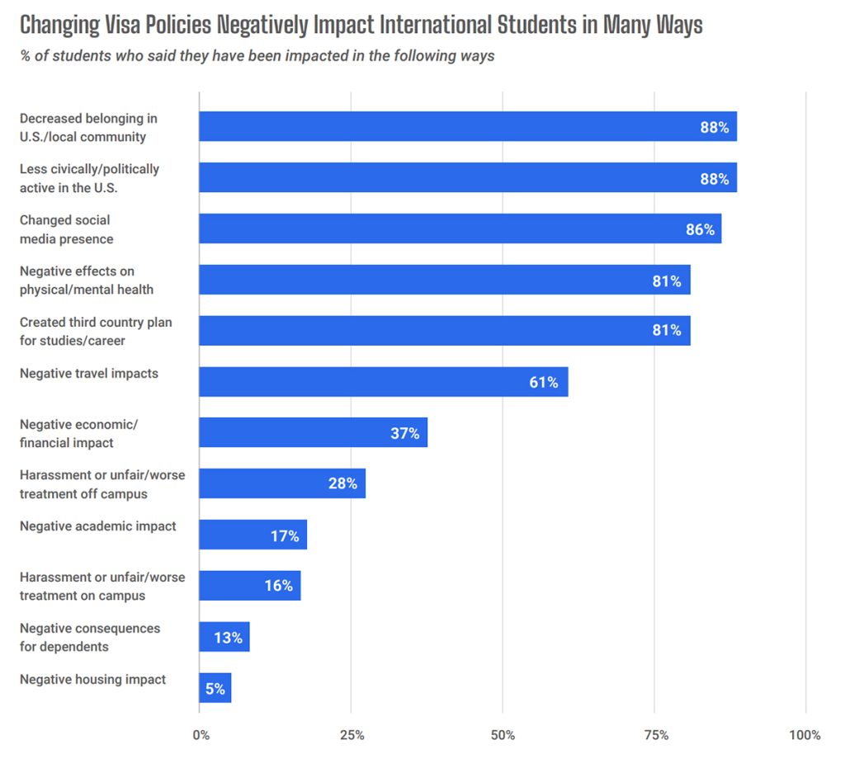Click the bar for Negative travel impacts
click(x=383, y=382)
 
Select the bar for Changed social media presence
click(x=460, y=229)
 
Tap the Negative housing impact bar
click(x=215, y=688)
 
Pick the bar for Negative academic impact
click(x=253, y=535)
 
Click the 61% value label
click(x=544, y=382)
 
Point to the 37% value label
click(x=404, y=433)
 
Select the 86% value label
click(x=700, y=229)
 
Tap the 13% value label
click(x=228, y=638)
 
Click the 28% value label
click(x=342, y=483)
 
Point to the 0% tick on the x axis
click(x=200, y=735)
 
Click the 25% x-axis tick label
click(x=351, y=735)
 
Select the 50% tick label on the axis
click(x=503, y=735)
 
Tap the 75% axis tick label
click(x=654, y=735)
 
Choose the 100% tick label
click(x=805, y=735)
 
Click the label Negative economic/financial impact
click(x=78, y=433)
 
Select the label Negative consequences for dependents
click(x=90, y=637)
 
